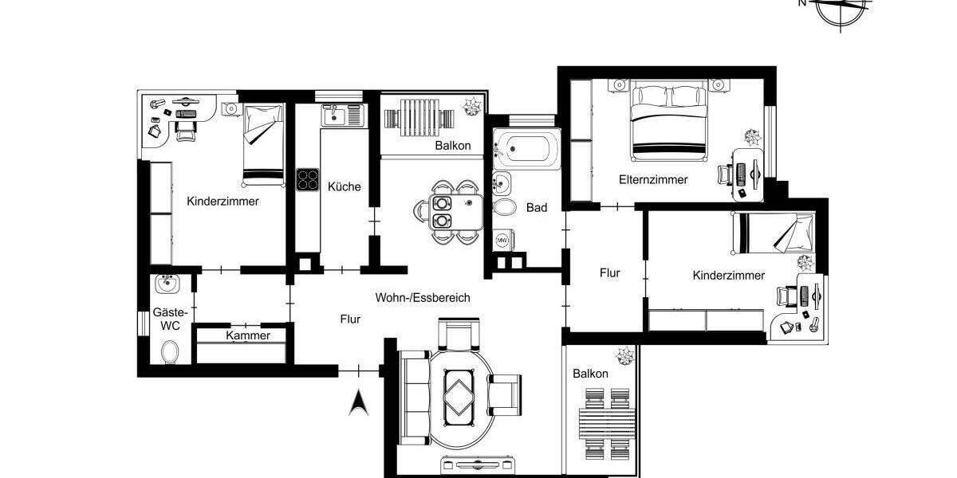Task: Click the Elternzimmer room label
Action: pos(653,180)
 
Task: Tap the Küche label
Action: pos(344,186)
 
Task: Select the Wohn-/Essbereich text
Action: pos(423,297)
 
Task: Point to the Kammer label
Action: pos(248,335)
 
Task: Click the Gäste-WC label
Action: pos(169,319)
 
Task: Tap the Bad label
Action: pos(537,207)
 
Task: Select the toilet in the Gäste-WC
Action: pos(169,351)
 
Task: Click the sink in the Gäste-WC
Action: pos(167,284)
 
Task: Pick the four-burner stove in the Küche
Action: pos(308,180)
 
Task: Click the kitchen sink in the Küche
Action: pos(342,117)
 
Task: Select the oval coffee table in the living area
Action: pos(458,395)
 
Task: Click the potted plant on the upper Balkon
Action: pos(471,105)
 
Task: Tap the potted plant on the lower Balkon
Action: pos(622,355)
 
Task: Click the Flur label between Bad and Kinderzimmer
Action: pos(610,272)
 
